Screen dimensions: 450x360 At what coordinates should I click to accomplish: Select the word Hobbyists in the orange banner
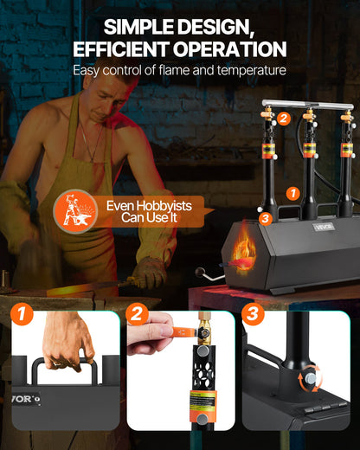pyautogui.click(x=152, y=206)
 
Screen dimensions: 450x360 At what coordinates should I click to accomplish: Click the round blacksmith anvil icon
pyautogui.click(x=80, y=210)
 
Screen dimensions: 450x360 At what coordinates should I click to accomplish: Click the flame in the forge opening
pyautogui.click(x=244, y=258)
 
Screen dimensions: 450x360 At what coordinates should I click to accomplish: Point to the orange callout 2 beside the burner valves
pyautogui.click(x=284, y=119)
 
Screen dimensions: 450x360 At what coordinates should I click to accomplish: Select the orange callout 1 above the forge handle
pyautogui.click(x=292, y=195)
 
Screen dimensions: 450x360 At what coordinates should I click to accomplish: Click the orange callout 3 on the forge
pyautogui.click(x=265, y=219)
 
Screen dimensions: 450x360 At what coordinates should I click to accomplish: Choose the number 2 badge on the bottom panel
pyautogui.click(x=135, y=314)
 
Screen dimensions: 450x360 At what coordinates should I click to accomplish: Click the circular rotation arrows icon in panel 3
pyautogui.click(x=309, y=378)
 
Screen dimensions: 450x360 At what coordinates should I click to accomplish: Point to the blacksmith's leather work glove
pyautogui.click(x=149, y=273)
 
